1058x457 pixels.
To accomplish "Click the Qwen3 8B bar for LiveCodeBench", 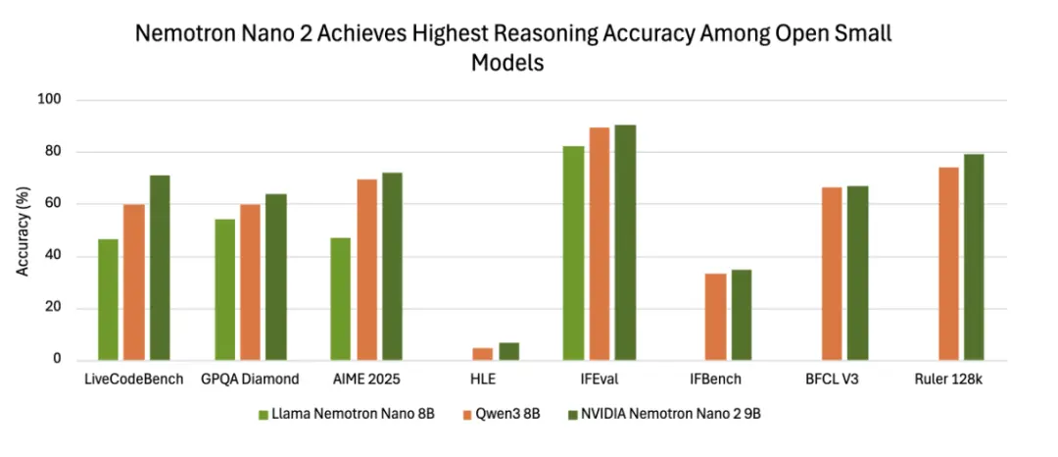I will click(x=133, y=282).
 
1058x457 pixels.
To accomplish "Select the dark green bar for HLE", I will click(x=509, y=351).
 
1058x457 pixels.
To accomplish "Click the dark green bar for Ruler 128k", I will click(x=973, y=257).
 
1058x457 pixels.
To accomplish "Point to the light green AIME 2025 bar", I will click(x=341, y=299).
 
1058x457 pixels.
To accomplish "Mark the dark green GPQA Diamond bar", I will click(x=276, y=278).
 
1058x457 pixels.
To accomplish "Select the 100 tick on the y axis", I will click(x=50, y=100).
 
